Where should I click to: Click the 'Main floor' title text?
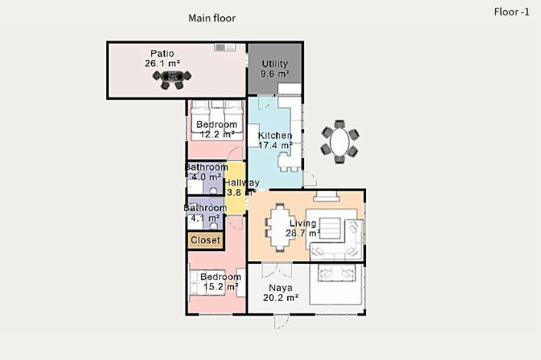[213, 18]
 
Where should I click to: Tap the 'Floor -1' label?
[512, 12]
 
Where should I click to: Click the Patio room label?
[162, 53]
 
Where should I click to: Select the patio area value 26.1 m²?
[162, 64]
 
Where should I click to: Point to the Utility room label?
[275, 64]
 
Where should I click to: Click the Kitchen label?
[275, 135]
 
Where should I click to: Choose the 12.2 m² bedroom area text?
[216, 134]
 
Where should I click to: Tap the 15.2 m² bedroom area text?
[220, 287]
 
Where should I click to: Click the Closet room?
[205, 240]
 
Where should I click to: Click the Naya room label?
[280, 288]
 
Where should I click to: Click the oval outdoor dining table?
[339, 140]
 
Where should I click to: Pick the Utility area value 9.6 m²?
[275, 74]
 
